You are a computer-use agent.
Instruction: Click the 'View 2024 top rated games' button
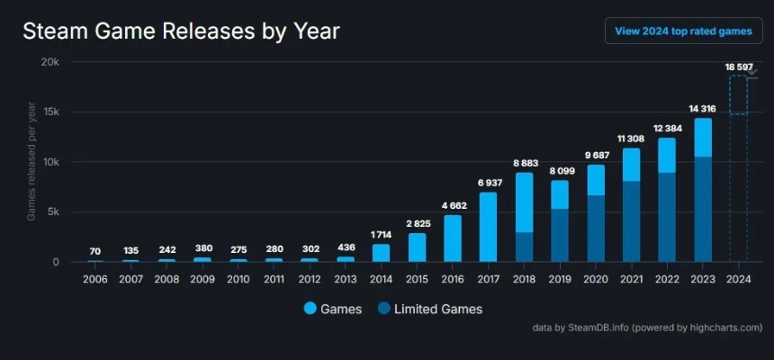point(683,31)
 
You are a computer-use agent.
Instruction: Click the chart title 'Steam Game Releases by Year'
point(181,31)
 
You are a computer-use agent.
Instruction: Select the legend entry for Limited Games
point(428,309)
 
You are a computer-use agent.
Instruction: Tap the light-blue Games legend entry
point(333,309)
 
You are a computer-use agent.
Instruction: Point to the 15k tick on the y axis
point(50,112)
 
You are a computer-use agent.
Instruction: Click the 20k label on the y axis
point(50,62)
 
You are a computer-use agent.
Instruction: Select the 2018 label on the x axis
point(524,280)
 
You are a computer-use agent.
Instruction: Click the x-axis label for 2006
point(96,280)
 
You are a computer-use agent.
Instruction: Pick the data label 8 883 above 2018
point(524,163)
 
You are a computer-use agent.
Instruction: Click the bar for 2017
point(488,227)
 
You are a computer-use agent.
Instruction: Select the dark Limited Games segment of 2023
point(703,209)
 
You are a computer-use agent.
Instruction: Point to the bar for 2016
point(453,238)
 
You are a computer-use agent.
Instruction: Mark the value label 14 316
point(703,108)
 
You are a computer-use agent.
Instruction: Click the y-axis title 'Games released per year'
point(31,162)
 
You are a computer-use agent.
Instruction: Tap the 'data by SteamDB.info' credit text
point(647,328)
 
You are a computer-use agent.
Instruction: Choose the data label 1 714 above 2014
point(381,234)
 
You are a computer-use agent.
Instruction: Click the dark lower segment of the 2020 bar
point(596,229)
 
